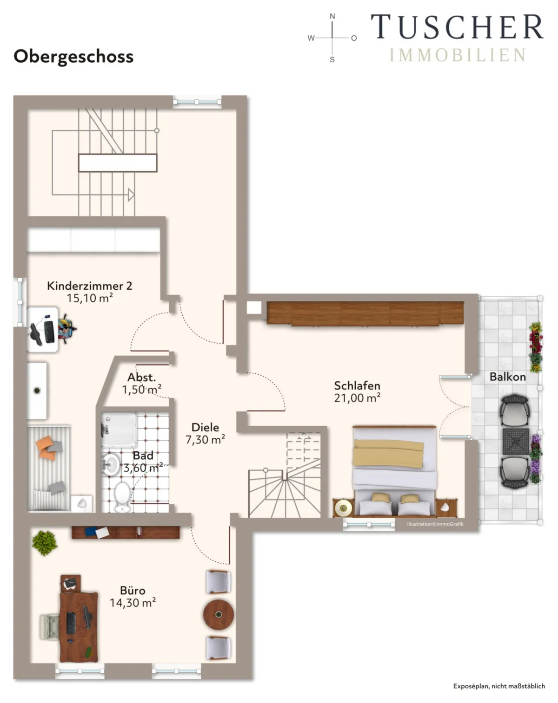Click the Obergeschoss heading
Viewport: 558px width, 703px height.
pyautogui.click(x=73, y=57)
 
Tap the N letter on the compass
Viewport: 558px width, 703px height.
pyautogui.click(x=332, y=16)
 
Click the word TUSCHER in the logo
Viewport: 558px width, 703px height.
pyautogui.click(x=458, y=27)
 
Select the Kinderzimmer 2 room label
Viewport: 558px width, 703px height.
pyautogui.click(x=89, y=286)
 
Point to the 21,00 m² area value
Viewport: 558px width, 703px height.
pyautogui.click(x=357, y=398)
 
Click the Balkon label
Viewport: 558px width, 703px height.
pyautogui.click(x=508, y=377)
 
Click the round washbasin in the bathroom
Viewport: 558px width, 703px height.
pyautogui.click(x=111, y=464)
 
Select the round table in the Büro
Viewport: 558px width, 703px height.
pyautogui.click(x=218, y=614)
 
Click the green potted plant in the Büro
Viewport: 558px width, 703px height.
pyautogui.click(x=45, y=543)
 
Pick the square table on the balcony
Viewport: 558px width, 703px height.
pyautogui.click(x=516, y=442)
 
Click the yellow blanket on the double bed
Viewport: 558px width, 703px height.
pyautogui.click(x=388, y=453)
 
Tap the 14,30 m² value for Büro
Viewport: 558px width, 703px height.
pyautogui.click(x=133, y=603)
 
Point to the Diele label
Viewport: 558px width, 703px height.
pyautogui.click(x=205, y=427)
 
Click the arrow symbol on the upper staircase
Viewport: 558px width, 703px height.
pyautogui.click(x=131, y=195)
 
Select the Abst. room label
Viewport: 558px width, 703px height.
pyautogui.click(x=141, y=378)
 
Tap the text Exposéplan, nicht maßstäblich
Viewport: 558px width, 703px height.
pyautogui.click(x=499, y=686)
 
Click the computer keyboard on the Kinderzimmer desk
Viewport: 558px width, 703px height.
pyautogui.click(x=49, y=332)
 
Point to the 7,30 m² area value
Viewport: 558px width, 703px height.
pyautogui.click(x=205, y=440)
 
